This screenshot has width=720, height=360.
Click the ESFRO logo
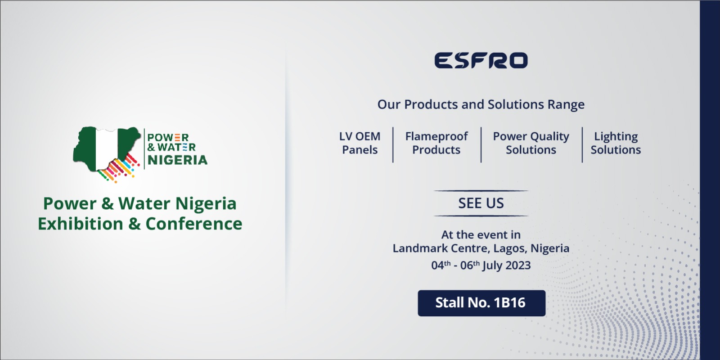click(x=481, y=60)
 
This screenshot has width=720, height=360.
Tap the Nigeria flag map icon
click(x=106, y=149)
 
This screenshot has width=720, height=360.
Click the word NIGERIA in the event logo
click(x=177, y=160)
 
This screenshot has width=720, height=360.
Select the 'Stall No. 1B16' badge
click(x=481, y=303)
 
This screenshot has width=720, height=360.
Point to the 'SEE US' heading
click(x=481, y=203)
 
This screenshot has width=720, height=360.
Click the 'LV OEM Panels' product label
click(x=360, y=143)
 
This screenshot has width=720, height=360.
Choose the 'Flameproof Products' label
click(x=436, y=143)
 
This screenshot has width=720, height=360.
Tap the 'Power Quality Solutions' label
click(x=531, y=143)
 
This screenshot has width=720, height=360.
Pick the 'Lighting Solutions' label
click(x=616, y=143)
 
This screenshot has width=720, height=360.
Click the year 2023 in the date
click(x=518, y=265)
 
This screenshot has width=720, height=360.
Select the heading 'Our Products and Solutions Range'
click(x=481, y=104)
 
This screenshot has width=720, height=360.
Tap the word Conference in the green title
click(x=194, y=224)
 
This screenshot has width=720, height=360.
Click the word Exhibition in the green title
click(x=81, y=224)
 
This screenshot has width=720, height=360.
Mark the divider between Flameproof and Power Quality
click(x=481, y=144)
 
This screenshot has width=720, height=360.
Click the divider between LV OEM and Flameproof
click(x=393, y=144)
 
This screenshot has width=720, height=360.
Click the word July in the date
click(x=493, y=266)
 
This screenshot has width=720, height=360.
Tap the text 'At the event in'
click(x=481, y=235)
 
